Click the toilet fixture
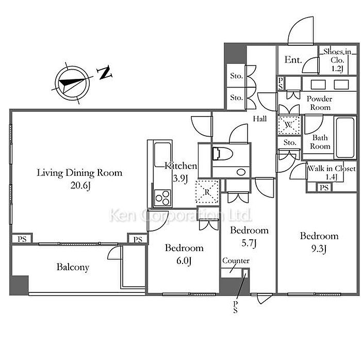point(222,154)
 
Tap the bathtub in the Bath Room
point(345,138)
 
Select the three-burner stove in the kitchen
point(162,198)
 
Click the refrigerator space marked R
point(207,191)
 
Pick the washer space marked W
point(289,125)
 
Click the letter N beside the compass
point(105,73)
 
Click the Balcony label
point(73,267)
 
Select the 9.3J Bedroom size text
point(319,249)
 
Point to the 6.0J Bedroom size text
point(184,261)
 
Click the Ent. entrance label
point(293,60)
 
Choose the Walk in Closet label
point(332,169)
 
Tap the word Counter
point(236,260)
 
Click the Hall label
point(260,119)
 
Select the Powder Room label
point(320,103)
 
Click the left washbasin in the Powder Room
point(318,85)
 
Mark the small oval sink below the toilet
point(241,172)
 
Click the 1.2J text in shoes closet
point(337,69)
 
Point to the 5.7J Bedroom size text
point(249,243)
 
